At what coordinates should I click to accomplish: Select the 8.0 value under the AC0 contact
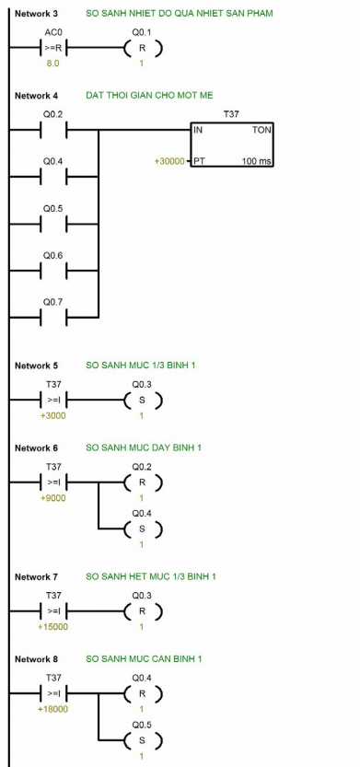click(53, 64)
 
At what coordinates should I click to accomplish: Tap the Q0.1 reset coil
click(142, 48)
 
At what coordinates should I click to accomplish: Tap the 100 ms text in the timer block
click(253, 162)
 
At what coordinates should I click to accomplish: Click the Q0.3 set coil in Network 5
click(142, 401)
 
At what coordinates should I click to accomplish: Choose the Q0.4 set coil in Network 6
click(142, 529)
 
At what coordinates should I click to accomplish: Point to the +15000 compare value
click(53, 627)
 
